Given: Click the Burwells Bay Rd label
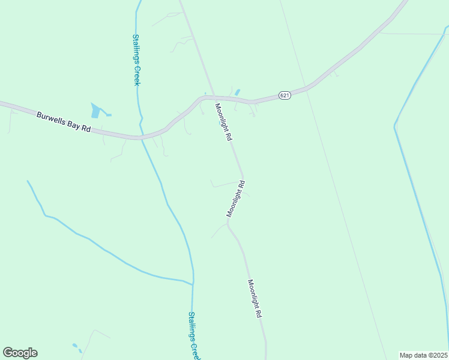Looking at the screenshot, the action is point(63,121).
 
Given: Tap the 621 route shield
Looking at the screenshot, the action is point(285,95).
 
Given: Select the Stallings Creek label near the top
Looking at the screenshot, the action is point(136,59).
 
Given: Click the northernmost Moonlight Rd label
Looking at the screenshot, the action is point(223,121).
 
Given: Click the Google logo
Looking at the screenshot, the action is point(20,353).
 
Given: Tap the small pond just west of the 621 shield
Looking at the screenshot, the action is point(238,92).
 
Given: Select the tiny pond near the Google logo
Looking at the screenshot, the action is point(76,346).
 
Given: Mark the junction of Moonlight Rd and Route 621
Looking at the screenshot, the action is point(214,97).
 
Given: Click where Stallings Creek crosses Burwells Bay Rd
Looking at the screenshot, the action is point(142,137).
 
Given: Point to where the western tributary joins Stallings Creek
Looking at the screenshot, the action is point(192,283).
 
